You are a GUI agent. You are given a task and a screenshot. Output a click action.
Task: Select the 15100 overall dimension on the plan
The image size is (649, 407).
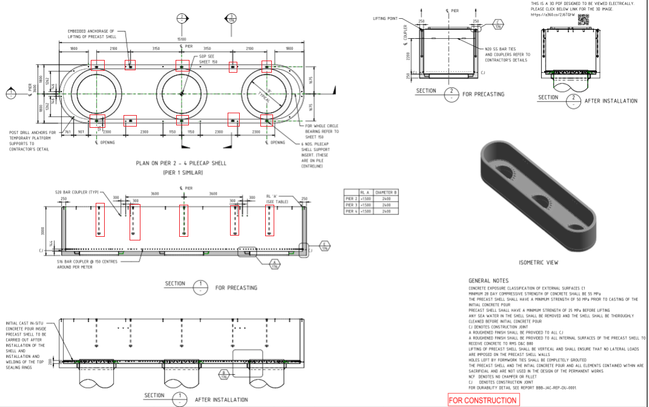(x=182, y=39)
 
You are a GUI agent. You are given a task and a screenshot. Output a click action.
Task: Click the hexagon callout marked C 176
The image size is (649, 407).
(x=498, y=26)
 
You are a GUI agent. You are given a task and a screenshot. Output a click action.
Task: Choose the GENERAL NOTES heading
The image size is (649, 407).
(x=489, y=281)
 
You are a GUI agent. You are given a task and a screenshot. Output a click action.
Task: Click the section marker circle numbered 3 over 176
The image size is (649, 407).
(x=231, y=18)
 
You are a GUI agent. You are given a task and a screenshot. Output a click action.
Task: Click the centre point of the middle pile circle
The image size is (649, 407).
(x=182, y=92)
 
